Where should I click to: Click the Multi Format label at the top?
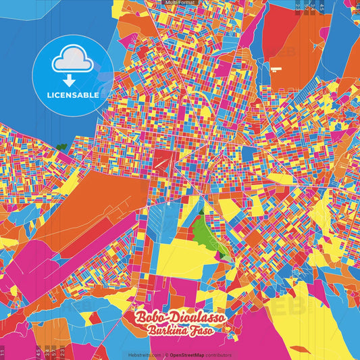180,3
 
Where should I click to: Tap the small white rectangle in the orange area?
275,68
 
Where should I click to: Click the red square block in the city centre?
164,159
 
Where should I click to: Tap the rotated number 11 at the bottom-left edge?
3,352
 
